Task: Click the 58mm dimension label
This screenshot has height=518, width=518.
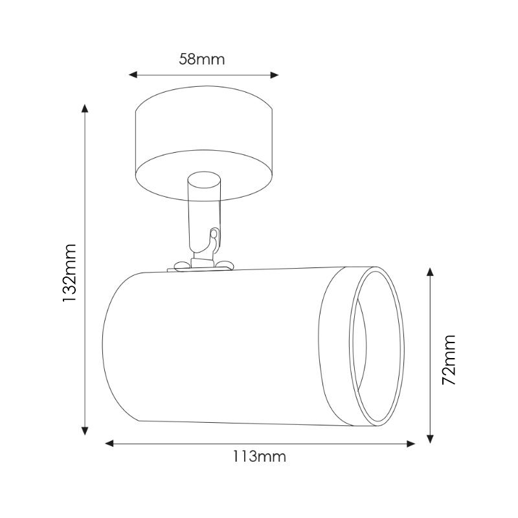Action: (201, 60)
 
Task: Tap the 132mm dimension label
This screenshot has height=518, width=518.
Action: (70, 273)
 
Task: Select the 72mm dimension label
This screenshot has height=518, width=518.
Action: (449, 359)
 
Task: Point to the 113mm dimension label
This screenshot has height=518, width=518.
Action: (260, 456)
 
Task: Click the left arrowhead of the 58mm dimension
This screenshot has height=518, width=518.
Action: (133, 74)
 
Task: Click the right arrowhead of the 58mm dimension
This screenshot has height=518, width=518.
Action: (274, 75)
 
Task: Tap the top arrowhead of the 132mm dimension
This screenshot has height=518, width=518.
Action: (85, 108)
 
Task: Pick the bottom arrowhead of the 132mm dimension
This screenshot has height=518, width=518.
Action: (85, 431)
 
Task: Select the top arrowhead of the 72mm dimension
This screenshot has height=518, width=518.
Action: (430, 271)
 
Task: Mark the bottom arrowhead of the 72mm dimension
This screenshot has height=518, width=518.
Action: (430, 439)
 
